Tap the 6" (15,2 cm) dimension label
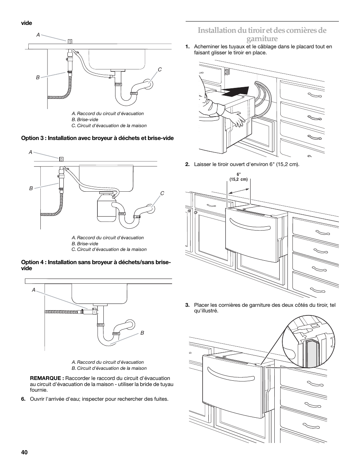point(238,177)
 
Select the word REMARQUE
point(46,378)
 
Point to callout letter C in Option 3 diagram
point(162,193)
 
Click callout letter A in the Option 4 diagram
point(34,290)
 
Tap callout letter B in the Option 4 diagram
point(142,333)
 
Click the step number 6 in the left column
point(23,399)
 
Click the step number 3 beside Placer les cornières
point(187,305)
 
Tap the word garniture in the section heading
point(262,39)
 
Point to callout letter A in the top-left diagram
point(38,34)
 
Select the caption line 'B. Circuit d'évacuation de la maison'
point(109,368)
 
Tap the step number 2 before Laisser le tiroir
point(187,165)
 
